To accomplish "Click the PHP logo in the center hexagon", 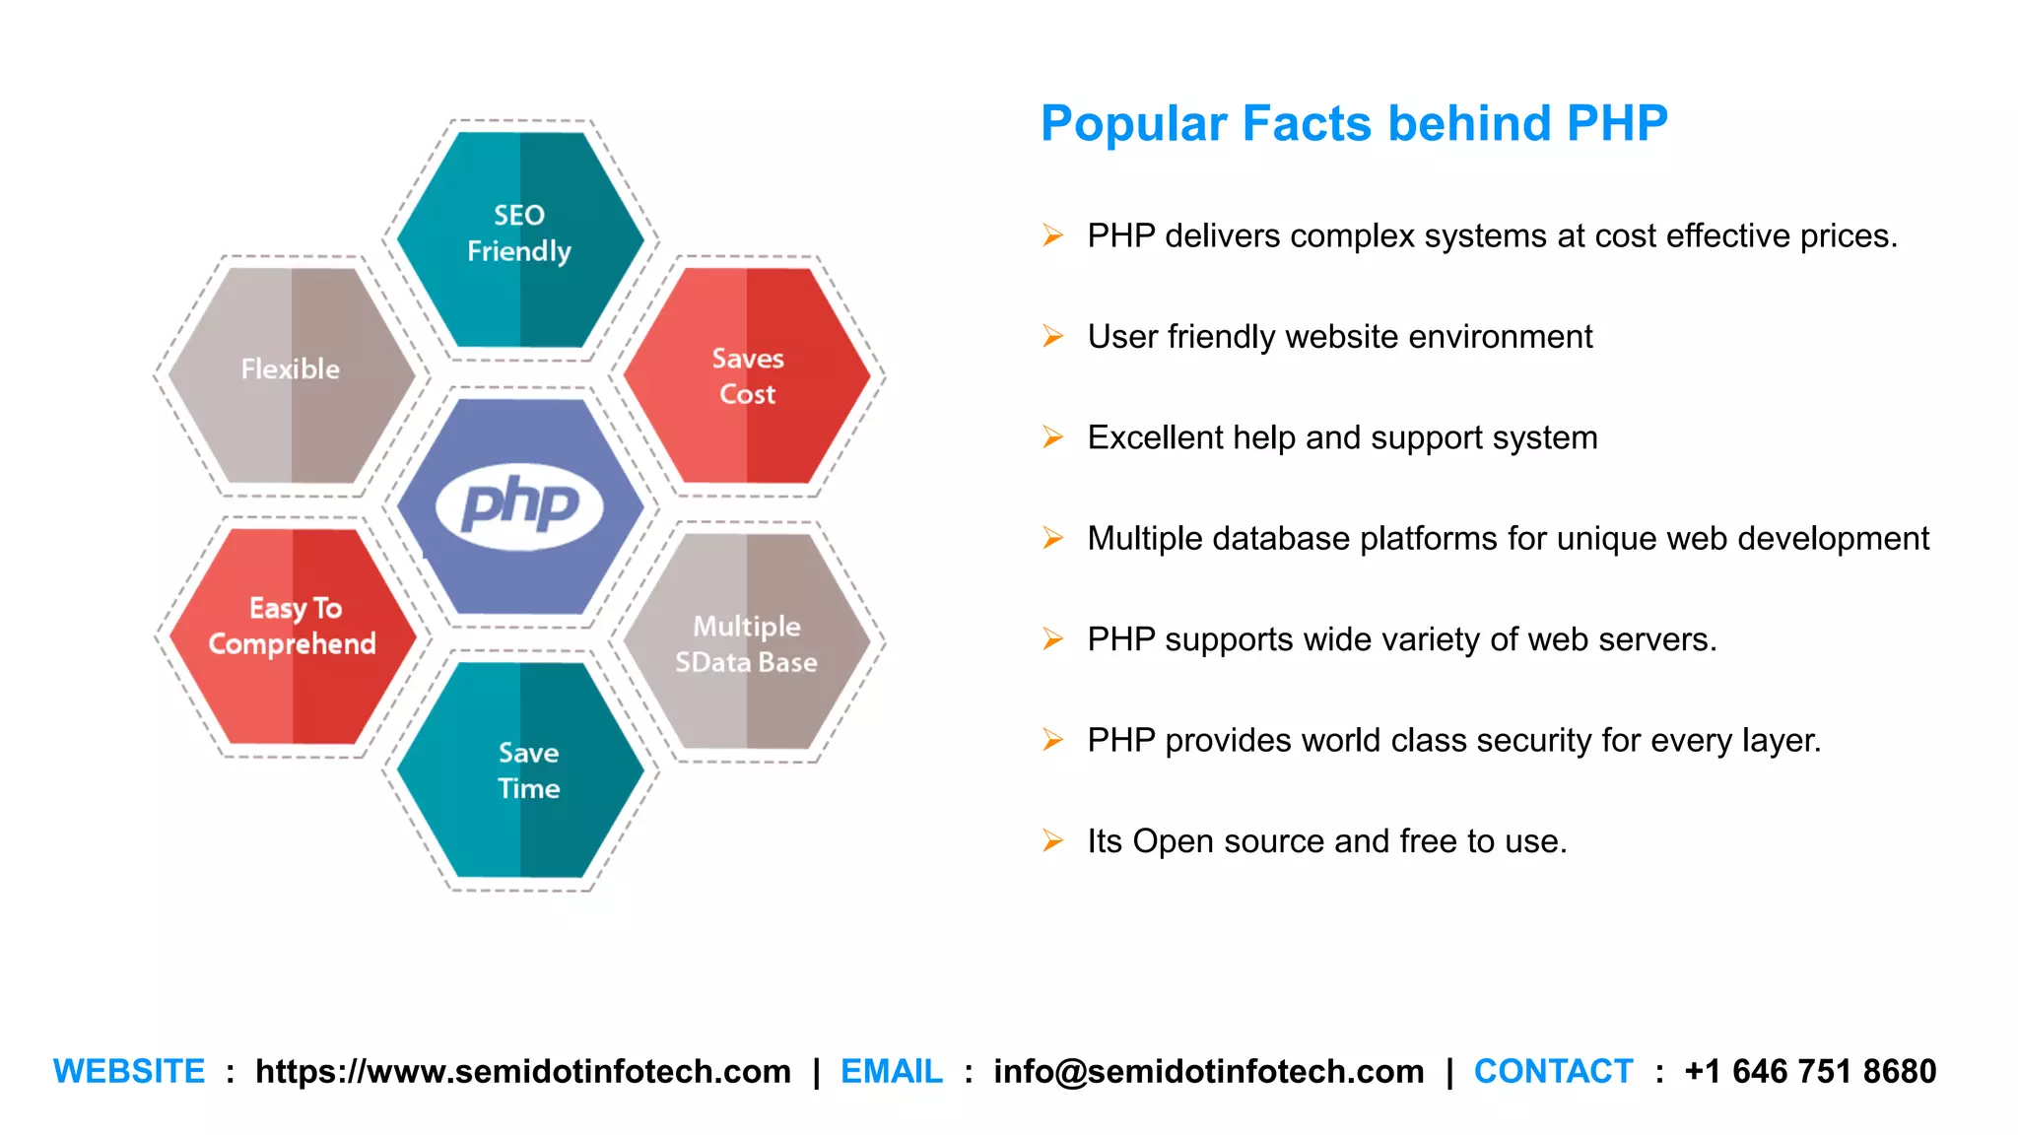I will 519,505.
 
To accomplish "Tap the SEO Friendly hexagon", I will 519,236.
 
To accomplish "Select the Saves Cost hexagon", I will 747,376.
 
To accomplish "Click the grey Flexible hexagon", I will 291,372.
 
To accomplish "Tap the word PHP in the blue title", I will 1616,124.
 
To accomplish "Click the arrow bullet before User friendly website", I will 1052,337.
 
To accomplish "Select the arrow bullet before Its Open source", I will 1052,841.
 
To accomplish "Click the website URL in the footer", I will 522,1071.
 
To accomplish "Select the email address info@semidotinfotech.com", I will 1208,1071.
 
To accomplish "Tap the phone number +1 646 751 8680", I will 1810,1071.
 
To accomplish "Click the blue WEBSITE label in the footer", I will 129,1071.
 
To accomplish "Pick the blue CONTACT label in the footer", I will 1553,1071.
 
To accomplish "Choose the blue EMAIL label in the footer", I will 891,1071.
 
